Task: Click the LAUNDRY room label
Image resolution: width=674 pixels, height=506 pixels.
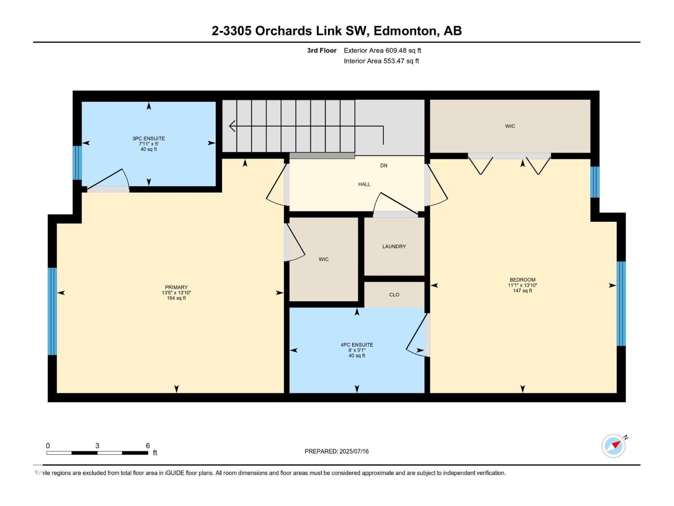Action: tap(394, 246)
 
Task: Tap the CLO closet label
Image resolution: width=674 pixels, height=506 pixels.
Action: tap(394, 295)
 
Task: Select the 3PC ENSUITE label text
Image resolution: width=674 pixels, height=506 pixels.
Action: tap(148, 138)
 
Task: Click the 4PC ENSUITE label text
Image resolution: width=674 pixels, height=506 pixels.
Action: tap(357, 345)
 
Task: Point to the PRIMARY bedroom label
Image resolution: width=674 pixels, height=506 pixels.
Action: tap(176, 287)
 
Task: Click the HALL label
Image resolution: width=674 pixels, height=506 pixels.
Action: tap(364, 184)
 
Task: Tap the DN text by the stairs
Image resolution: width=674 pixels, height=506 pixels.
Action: tap(383, 166)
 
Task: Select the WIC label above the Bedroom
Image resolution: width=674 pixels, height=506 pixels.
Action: tap(510, 126)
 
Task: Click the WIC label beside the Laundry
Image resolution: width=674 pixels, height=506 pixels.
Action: tap(324, 259)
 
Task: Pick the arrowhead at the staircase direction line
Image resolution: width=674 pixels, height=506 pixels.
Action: tap(232, 126)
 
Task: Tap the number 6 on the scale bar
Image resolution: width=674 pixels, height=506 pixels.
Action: tap(148, 446)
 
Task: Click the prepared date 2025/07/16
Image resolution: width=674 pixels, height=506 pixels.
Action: tap(354, 451)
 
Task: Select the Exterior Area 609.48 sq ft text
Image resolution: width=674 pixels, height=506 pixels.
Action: tap(382, 51)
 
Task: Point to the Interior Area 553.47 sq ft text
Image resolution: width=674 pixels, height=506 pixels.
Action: tap(381, 61)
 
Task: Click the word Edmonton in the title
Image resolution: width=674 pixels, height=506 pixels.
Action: tap(405, 31)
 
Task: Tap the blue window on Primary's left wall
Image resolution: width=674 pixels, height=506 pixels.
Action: tap(52, 311)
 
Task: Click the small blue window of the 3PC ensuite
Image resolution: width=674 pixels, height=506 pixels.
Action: tap(77, 163)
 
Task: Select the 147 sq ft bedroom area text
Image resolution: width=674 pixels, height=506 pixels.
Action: tap(522, 291)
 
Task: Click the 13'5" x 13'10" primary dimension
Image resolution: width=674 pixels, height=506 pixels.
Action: tap(176, 293)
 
